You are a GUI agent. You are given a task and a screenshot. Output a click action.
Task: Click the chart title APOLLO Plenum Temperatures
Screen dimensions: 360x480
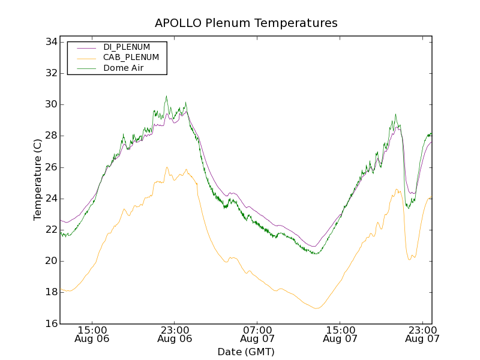(246, 23)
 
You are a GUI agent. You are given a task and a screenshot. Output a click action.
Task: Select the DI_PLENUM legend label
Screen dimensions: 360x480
(127, 47)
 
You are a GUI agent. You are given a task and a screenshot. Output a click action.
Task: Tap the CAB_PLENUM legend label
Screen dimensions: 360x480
(131, 58)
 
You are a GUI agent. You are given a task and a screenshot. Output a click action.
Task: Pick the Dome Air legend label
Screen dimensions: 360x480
(123, 68)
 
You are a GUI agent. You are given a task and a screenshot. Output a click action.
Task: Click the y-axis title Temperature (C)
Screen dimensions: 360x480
(38, 179)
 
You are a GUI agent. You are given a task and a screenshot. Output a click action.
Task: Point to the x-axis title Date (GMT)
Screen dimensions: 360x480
(246, 352)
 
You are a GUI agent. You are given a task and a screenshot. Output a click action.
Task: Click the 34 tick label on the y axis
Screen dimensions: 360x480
(50, 42)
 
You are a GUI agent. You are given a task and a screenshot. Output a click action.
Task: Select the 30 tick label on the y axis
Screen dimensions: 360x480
(50, 104)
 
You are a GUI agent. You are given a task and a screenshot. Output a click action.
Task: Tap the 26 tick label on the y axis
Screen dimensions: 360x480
(50, 167)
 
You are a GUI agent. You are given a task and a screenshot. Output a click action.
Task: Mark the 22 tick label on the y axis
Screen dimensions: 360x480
(50, 230)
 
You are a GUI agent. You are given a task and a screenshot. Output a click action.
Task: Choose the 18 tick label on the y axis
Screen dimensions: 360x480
(50, 292)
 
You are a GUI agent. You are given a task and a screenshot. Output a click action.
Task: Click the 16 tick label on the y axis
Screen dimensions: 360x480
(50, 323)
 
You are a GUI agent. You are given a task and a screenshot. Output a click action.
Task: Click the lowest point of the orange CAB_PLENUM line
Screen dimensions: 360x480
(316, 308)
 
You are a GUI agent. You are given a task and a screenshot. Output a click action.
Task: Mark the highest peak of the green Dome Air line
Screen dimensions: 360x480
(166, 96)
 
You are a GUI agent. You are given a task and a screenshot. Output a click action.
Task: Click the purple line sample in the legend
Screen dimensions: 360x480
(82, 47)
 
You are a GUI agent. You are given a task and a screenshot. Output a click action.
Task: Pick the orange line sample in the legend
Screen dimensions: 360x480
(82, 58)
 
